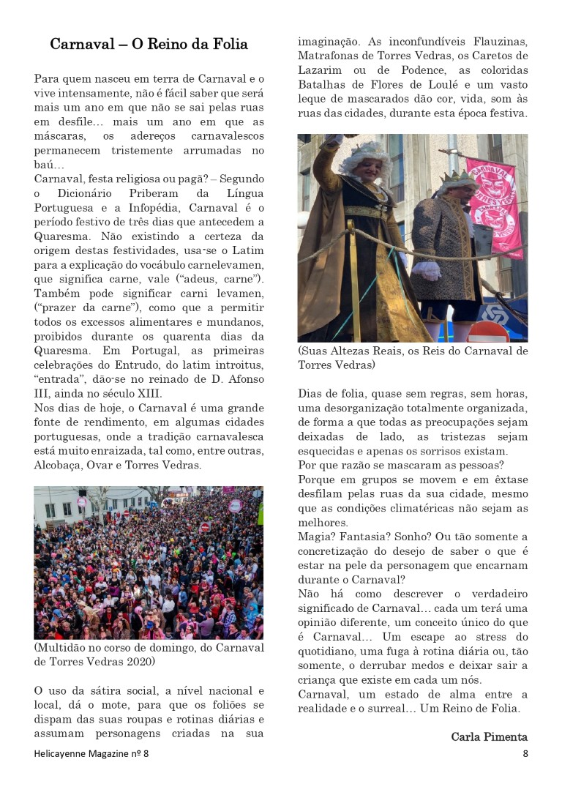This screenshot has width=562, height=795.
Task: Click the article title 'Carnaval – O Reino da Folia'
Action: coord(149,45)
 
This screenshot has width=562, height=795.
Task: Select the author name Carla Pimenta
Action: coord(489,736)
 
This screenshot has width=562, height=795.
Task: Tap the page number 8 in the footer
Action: coord(525,754)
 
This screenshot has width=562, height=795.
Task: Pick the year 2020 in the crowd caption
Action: coord(140,662)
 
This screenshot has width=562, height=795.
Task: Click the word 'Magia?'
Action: coord(317,537)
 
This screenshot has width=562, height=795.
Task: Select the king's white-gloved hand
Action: coord(426,269)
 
